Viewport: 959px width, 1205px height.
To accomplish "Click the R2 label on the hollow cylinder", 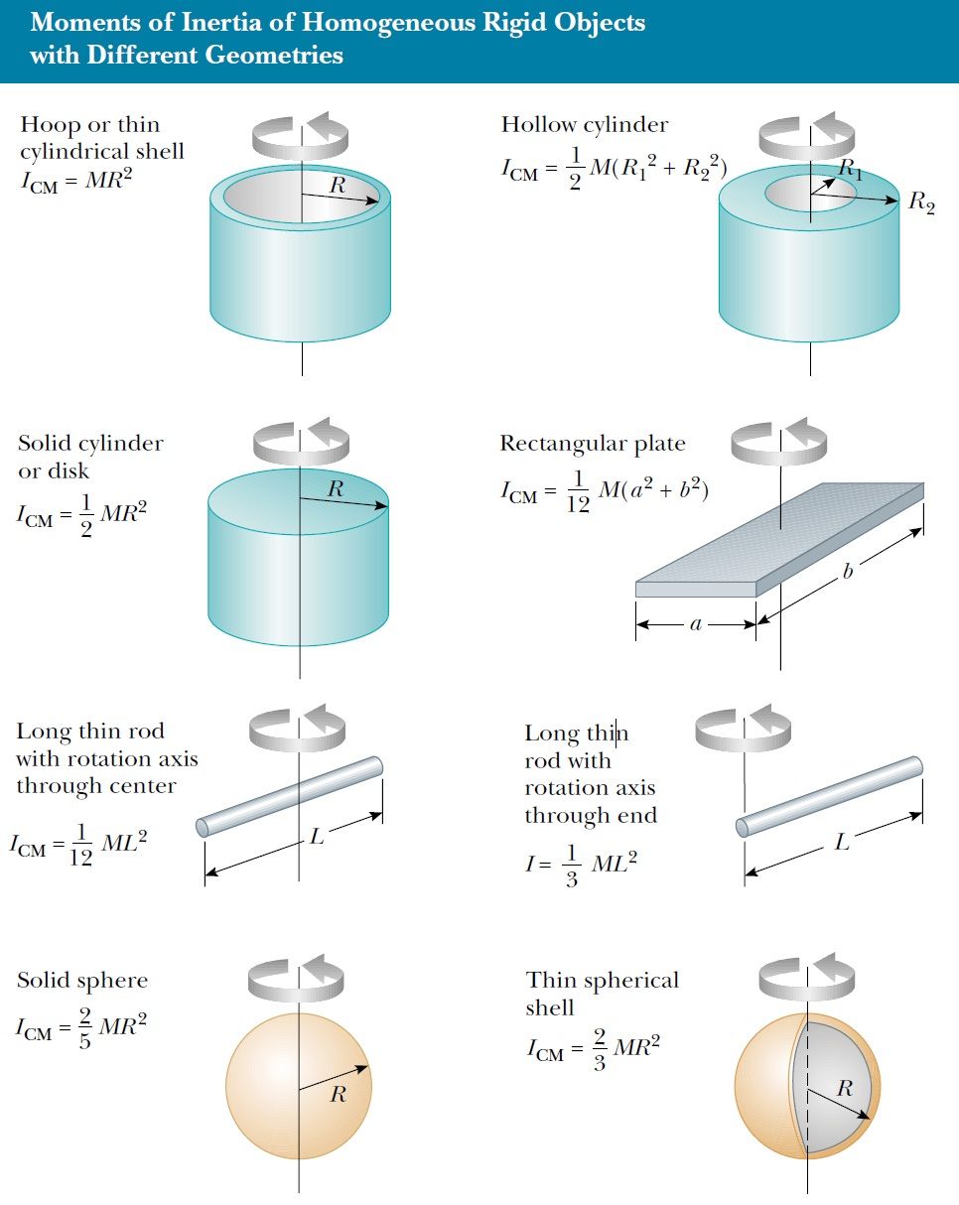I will tap(922, 203).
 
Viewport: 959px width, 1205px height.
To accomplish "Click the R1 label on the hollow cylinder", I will tap(851, 170).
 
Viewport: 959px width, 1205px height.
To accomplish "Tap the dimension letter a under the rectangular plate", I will tap(696, 625).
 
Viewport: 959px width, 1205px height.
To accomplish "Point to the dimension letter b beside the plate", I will tap(848, 573).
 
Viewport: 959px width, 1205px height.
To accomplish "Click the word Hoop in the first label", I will tap(50, 125).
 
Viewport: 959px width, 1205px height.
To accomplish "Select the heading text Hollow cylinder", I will tap(584, 125).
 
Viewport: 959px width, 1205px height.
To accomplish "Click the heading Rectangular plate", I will tap(593, 444).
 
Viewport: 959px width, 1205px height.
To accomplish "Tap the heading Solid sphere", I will tap(82, 981).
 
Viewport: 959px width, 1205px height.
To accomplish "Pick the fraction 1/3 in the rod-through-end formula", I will tap(572, 867).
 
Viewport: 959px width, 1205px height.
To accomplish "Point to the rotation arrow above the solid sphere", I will tap(301, 978).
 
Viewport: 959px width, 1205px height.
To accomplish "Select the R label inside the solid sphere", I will tap(339, 1095).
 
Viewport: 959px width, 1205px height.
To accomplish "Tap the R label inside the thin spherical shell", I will tap(845, 1088).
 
